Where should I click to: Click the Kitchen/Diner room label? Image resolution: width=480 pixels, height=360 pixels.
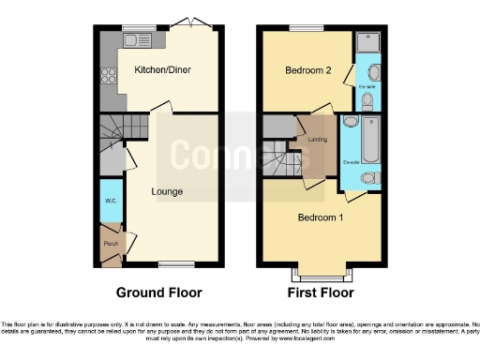[157, 70]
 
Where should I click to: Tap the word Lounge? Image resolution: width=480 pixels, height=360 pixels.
[169, 191]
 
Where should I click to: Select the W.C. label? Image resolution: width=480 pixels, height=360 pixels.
[110, 201]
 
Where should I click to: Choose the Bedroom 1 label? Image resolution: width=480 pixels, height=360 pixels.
[320, 217]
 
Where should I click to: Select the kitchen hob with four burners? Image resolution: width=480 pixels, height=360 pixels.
[108, 77]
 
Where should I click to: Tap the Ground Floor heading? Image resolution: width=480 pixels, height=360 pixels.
[158, 292]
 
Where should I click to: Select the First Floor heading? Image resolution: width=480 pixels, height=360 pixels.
[321, 292]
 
